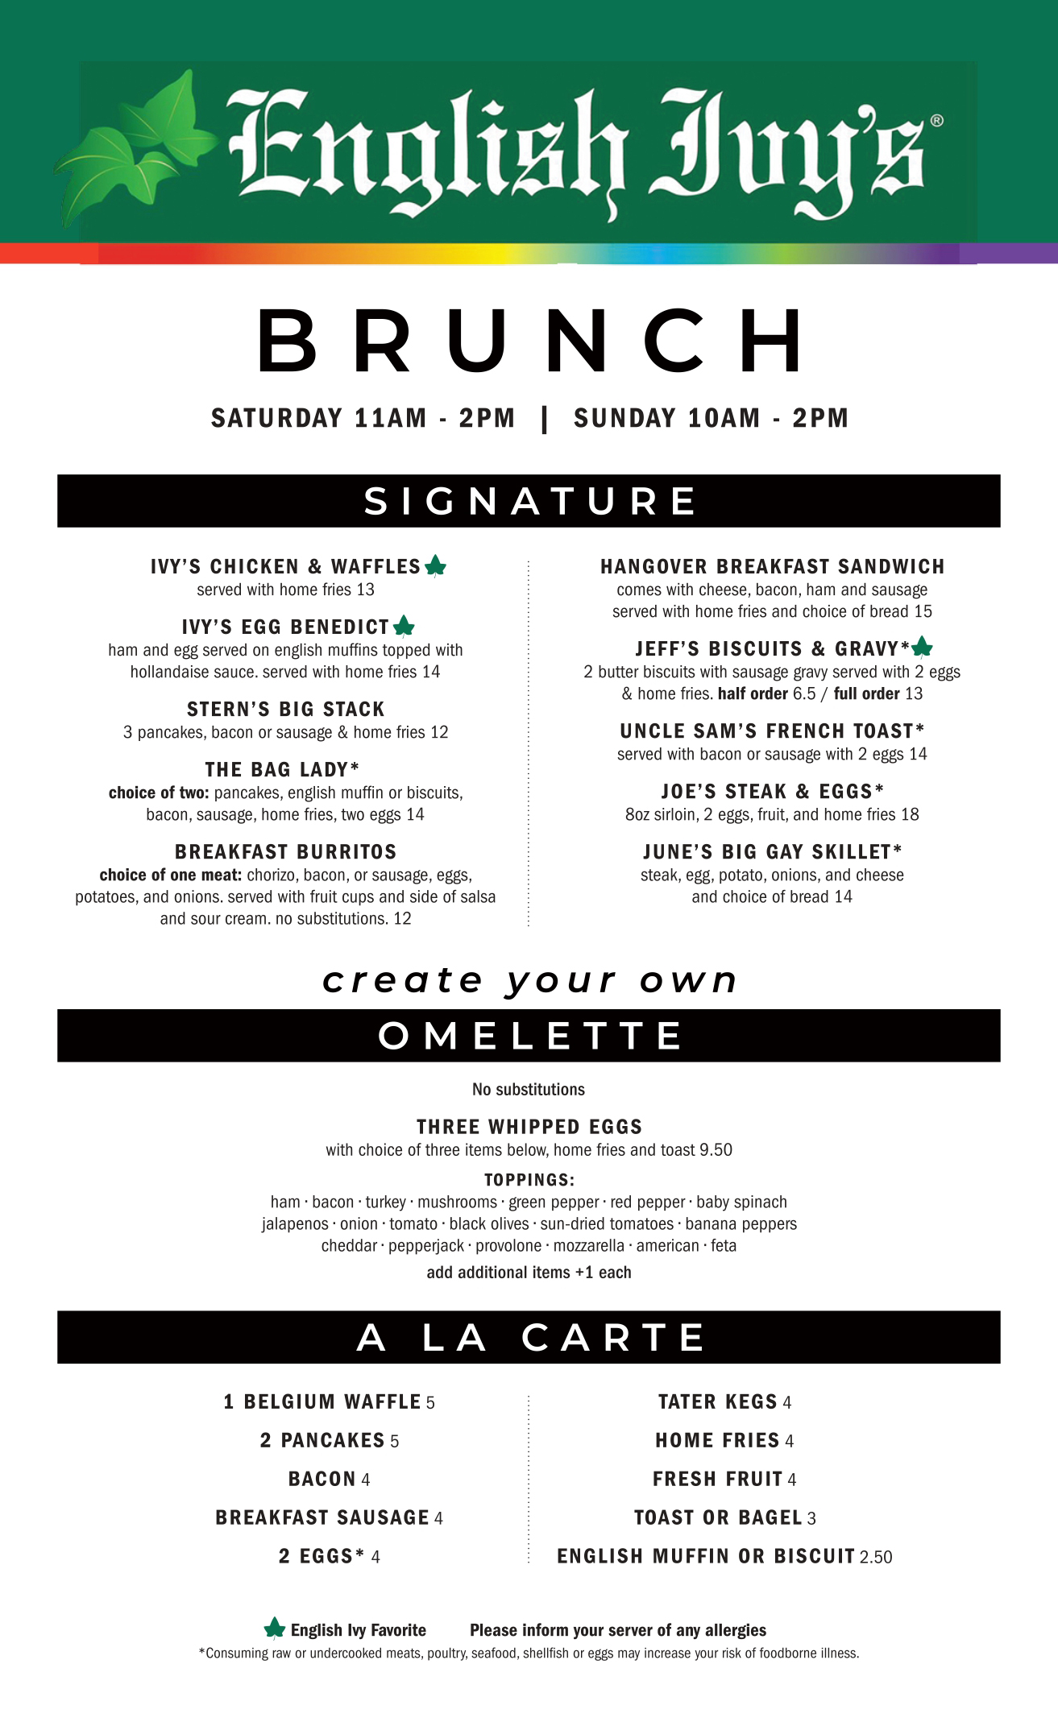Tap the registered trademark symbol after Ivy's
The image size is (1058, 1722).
click(x=936, y=121)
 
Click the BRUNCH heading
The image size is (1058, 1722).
click(x=529, y=342)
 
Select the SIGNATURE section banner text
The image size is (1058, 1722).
click(x=529, y=501)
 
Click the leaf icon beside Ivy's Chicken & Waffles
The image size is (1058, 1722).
click(x=435, y=566)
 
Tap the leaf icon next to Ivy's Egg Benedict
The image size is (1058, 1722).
click(x=404, y=626)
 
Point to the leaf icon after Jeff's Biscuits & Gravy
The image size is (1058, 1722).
click(x=922, y=647)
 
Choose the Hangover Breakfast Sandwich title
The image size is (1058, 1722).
click(x=772, y=567)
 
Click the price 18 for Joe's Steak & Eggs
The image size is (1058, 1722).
click(x=910, y=814)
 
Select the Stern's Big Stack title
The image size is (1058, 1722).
click(x=286, y=710)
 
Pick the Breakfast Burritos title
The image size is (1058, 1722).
click(x=286, y=852)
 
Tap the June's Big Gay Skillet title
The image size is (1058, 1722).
click(x=772, y=852)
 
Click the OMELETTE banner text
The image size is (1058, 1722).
click(x=529, y=1036)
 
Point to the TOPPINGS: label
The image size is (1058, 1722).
click(x=529, y=1180)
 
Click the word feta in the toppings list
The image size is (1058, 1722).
click(x=724, y=1246)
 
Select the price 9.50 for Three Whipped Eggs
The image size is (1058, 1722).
click(x=716, y=1150)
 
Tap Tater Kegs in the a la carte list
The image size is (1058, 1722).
click(x=717, y=1402)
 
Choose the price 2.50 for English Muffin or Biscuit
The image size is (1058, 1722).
click(x=876, y=1557)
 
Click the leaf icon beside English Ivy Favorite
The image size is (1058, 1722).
click(x=275, y=1629)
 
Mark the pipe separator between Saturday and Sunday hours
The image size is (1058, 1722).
click(x=545, y=419)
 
